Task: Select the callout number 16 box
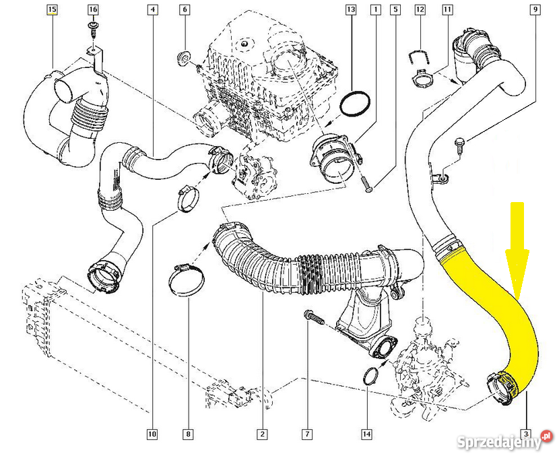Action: pos(93,10)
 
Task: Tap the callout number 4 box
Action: pos(154,10)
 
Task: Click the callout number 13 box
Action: pos(350,10)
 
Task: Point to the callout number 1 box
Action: pos(375,10)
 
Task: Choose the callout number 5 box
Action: pos(395,10)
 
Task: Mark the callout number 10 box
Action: pos(152,434)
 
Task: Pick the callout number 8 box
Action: pos(189,434)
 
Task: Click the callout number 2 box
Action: pos(262,434)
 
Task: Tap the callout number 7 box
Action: pos(307,434)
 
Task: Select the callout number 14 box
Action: pos(367,434)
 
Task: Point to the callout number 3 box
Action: pos(526,434)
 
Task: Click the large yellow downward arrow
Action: pos(517,249)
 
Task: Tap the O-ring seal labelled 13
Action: pos(355,104)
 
